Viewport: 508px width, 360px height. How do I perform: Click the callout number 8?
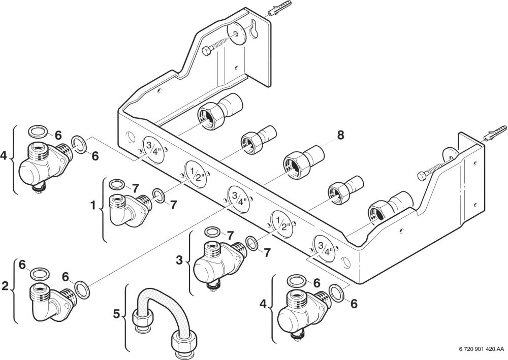340,135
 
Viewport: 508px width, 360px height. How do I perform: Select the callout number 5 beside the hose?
117,314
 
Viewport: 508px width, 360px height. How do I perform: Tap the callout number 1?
93,205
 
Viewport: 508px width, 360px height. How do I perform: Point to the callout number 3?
179,260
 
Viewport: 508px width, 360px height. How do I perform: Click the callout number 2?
5,286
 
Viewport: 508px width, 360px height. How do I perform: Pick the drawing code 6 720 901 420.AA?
482,349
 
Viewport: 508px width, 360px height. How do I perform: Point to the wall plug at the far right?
495,134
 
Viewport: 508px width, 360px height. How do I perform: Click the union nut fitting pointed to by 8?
301,161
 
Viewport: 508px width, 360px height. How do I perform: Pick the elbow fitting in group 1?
130,210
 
